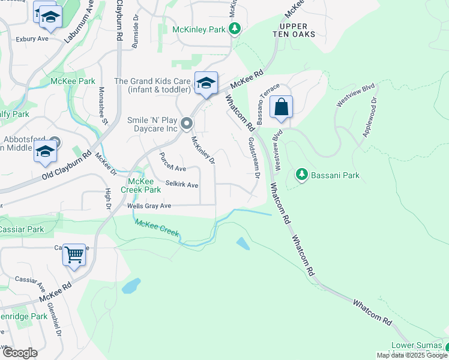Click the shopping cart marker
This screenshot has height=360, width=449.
click(x=74, y=255)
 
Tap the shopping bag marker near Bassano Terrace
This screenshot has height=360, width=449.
click(x=281, y=108)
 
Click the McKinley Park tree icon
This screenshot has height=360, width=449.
click(x=236, y=29)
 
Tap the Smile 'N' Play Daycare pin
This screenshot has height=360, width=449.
click(x=187, y=124)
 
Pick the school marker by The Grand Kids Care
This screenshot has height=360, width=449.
click(x=205, y=83)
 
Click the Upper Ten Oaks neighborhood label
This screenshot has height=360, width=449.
click(x=294, y=30)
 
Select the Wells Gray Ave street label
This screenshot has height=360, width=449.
click(x=149, y=206)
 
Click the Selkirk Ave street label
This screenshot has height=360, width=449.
click(x=182, y=185)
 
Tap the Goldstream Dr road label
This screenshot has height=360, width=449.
click(x=253, y=158)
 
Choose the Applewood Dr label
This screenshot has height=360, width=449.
click(x=369, y=117)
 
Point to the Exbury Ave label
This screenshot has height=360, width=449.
click(x=32, y=38)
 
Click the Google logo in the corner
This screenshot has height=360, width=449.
click(x=20, y=353)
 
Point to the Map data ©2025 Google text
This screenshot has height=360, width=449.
click(x=412, y=355)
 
